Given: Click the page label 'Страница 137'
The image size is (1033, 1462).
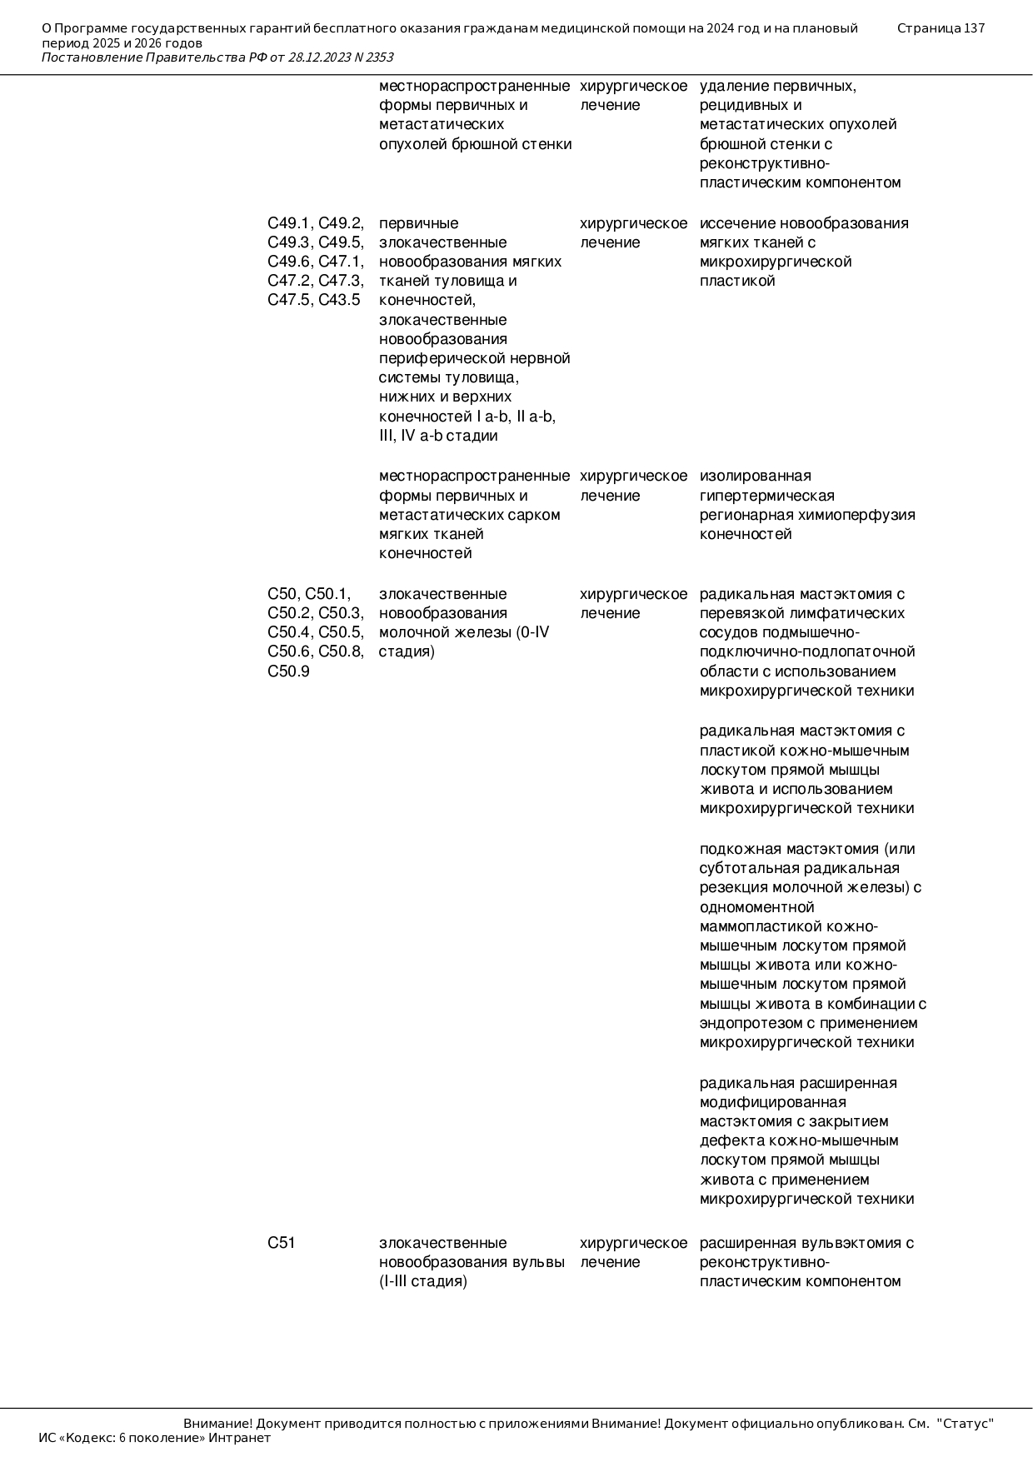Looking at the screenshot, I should [x=941, y=28].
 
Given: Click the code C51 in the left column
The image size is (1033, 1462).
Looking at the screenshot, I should [x=282, y=1243].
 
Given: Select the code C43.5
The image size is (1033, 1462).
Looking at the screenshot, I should [x=340, y=300].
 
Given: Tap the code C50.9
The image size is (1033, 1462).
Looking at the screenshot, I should [x=288, y=671].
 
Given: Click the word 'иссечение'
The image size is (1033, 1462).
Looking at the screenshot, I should [x=732, y=223].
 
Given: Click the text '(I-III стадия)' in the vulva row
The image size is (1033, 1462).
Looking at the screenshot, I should [x=423, y=1281].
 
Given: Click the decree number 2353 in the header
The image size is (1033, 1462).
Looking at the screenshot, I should [x=379, y=57].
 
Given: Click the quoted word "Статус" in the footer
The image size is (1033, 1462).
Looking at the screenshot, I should [x=966, y=1424].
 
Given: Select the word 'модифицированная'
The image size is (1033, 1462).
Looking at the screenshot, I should [x=761, y=1102].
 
